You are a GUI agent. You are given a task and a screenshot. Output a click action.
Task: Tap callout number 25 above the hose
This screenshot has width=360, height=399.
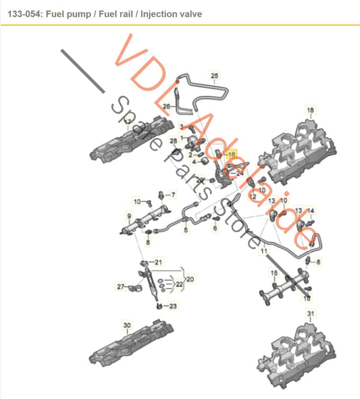(215, 76)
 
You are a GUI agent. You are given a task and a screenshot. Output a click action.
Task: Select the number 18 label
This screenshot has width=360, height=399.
(310, 109)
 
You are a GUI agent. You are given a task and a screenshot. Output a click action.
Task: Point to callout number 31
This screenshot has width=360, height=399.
(310, 314)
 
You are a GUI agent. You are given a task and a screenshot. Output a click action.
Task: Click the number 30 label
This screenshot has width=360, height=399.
(126, 325)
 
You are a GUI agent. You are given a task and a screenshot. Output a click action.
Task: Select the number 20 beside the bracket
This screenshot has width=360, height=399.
(190, 277)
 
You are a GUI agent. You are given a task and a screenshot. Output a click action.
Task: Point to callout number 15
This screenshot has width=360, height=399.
(274, 273)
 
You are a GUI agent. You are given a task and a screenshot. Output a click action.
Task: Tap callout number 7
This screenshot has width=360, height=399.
(172, 195)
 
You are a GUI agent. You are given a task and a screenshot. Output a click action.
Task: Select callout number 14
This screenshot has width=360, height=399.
(311, 210)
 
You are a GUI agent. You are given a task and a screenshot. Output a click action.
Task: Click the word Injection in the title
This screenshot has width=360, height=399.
(147, 14)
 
